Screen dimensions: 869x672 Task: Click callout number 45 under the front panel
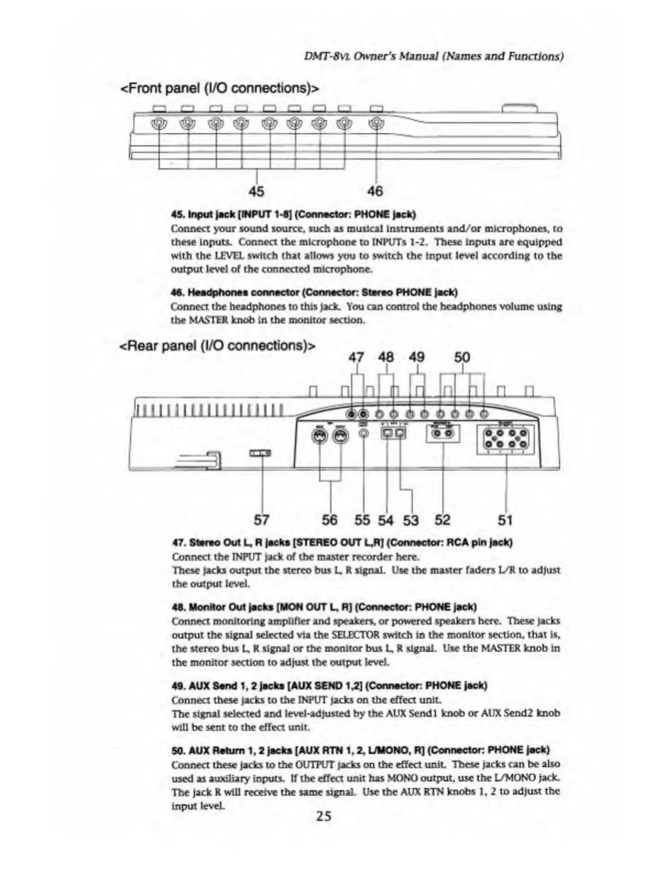(256, 191)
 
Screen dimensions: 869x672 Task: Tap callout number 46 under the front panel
(375, 191)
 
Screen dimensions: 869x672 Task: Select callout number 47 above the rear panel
(356, 358)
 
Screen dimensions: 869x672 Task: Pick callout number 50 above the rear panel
(462, 358)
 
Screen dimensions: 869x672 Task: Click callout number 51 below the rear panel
(505, 520)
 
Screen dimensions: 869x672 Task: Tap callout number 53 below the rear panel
(411, 520)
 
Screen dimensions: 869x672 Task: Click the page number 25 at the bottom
(324, 816)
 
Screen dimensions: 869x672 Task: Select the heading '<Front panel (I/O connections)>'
(220, 88)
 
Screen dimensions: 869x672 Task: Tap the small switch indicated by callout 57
(260, 453)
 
